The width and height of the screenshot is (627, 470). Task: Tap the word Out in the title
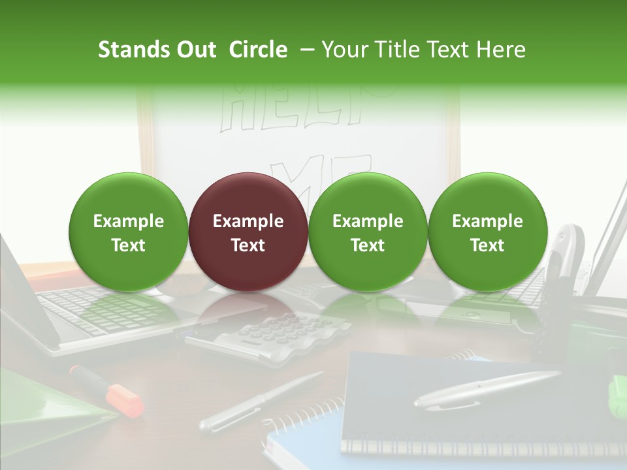195,50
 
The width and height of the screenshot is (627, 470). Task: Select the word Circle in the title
258,50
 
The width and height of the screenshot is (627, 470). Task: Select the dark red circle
248,232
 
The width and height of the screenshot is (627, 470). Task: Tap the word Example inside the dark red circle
248,221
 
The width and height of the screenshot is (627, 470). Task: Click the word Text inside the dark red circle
248,245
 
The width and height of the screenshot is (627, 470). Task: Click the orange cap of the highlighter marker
128,399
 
